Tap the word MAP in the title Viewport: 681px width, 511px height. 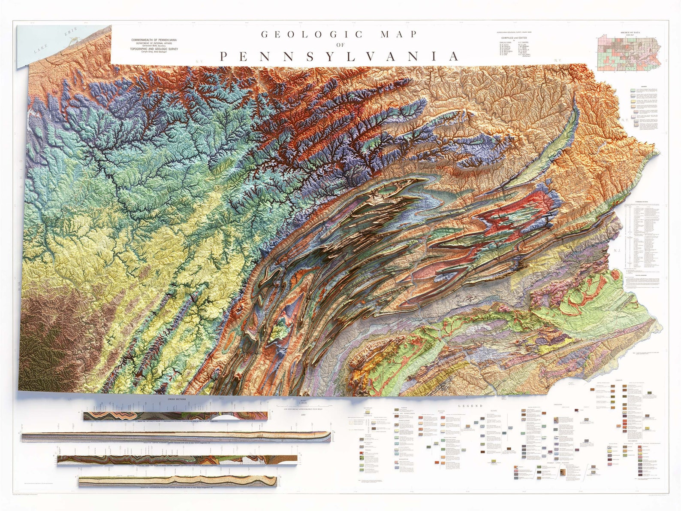(x=399, y=34)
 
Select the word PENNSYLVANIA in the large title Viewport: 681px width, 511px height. (x=339, y=57)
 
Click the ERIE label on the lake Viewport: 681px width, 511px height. (x=70, y=33)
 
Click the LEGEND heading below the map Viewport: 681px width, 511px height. (x=470, y=406)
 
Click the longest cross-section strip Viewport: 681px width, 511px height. (x=176, y=437)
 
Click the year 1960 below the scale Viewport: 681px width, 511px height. (x=304, y=414)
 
